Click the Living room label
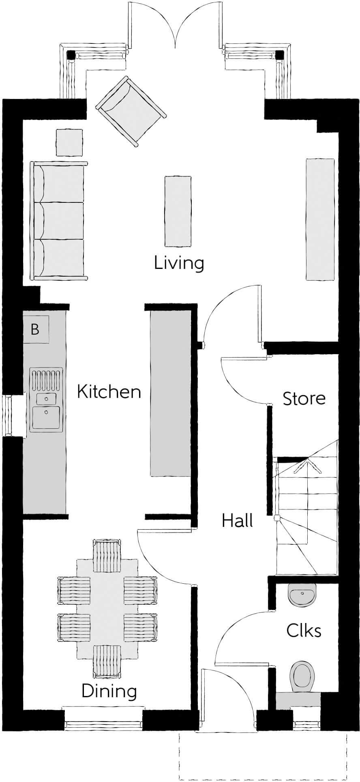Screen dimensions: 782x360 point(179,263)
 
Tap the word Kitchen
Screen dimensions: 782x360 point(109,392)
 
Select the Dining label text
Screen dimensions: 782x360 point(109,691)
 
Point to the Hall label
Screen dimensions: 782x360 point(237,520)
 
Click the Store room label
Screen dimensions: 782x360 point(304,398)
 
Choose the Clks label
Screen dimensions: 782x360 point(304,630)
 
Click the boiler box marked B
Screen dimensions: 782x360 point(35,329)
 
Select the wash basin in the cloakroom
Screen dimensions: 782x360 point(302,594)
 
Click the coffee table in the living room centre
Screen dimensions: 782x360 point(178,211)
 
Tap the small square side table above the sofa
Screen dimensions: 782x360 point(69,142)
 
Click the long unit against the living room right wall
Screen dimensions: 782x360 point(320,219)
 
